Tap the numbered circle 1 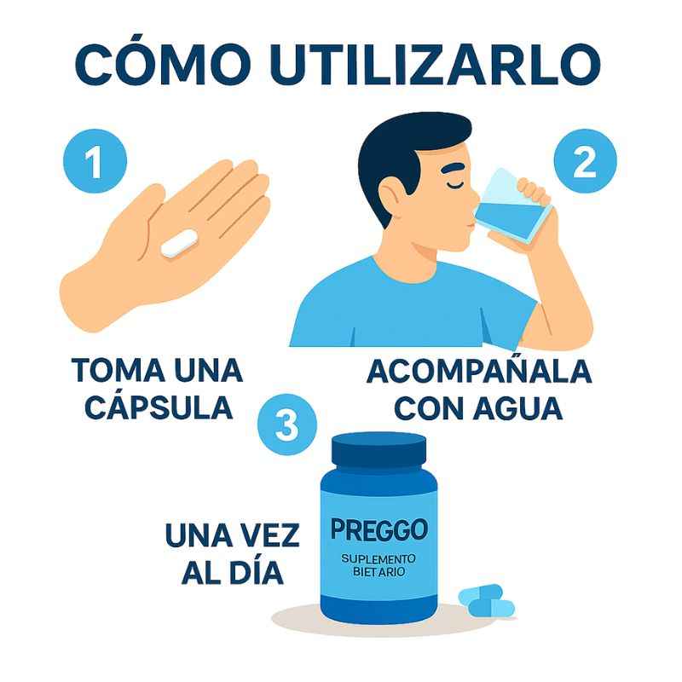95,161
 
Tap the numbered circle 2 585,161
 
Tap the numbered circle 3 287,424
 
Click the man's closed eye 454,185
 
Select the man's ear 393,196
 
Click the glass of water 512,205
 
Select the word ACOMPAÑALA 479,371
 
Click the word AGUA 517,408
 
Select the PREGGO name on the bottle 379,529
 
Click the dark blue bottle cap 379,451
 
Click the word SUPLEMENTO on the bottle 379,558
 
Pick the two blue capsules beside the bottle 487,600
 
